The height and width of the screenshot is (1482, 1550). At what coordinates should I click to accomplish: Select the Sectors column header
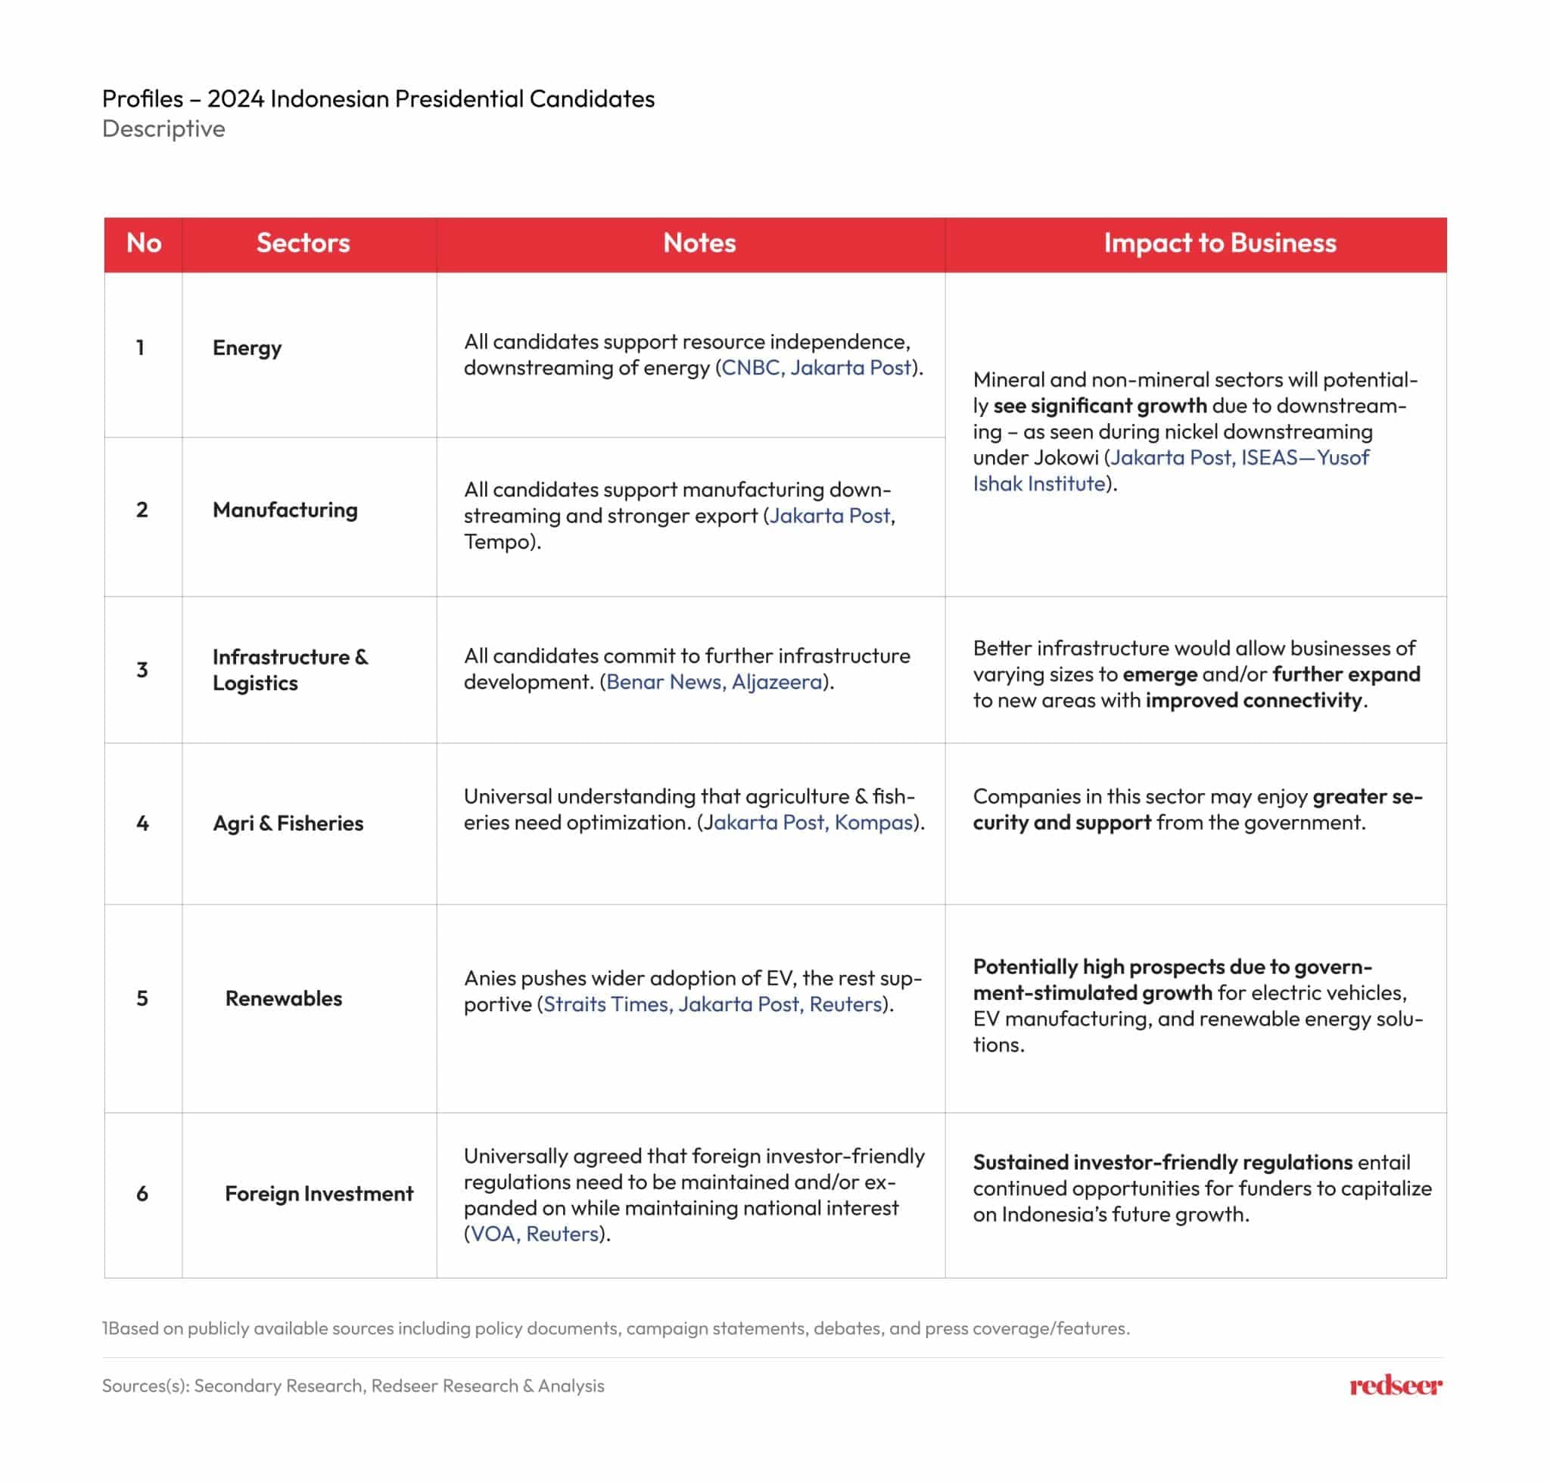pos(303,242)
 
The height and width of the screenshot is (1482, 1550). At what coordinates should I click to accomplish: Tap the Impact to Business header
pos(1219,242)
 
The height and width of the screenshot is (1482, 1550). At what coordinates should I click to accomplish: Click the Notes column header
pos(699,242)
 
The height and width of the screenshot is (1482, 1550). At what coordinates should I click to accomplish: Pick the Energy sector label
pos(247,347)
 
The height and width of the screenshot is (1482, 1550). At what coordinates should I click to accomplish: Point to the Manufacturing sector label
pos(285,509)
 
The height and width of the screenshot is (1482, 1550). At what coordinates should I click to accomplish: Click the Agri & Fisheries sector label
pos(288,824)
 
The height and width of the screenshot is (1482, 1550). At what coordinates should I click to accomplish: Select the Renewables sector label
pos(283,998)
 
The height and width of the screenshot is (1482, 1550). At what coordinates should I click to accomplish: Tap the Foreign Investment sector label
pos(319,1193)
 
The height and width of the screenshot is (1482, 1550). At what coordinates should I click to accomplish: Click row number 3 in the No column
pos(142,670)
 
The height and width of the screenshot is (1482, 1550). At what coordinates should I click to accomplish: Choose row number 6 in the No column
pos(142,1193)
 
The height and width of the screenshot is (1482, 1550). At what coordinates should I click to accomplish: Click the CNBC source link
pos(750,367)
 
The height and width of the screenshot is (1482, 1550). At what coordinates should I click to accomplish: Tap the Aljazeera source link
pos(776,682)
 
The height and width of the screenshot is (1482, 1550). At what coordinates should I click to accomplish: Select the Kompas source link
pos(873,823)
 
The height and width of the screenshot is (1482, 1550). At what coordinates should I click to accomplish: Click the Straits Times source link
pos(605,1004)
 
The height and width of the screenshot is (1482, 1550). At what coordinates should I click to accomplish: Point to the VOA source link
pos(492,1234)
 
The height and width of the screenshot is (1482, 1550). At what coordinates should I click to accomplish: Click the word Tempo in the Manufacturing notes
pos(494,542)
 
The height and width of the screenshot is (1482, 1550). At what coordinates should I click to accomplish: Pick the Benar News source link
pos(663,682)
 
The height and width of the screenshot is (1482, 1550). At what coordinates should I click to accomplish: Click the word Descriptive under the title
pos(163,129)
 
